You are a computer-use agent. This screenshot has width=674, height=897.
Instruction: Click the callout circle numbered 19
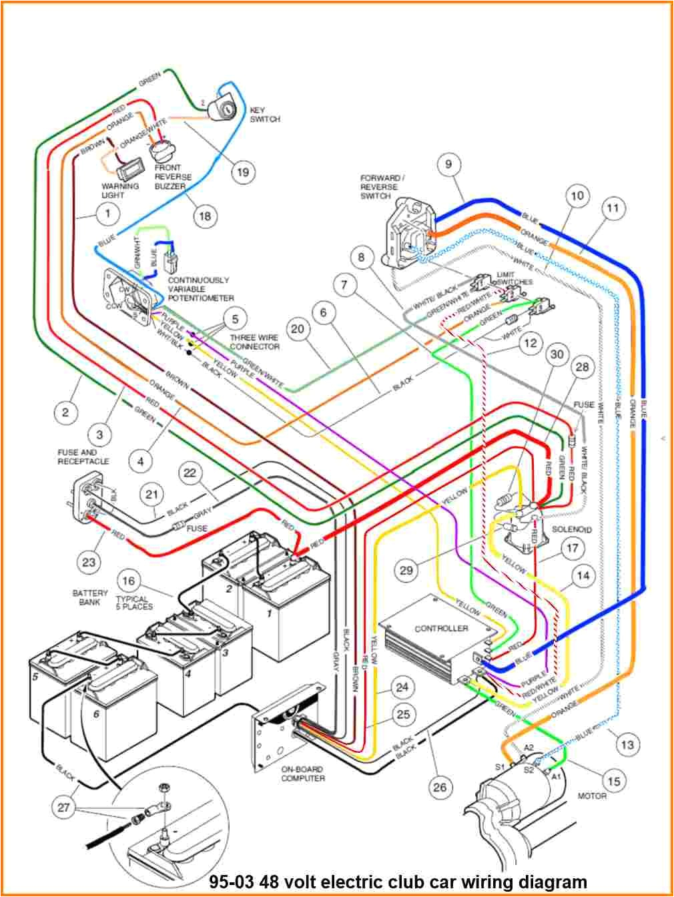pyautogui.click(x=242, y=172)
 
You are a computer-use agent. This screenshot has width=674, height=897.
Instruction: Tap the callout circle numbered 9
pyautogui.click(x=449, y=164)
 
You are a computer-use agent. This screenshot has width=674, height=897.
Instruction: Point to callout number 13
pyautogui.click(x=627, y=744)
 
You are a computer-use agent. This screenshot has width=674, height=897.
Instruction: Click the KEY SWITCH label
pyautogui.click(x=265, y=114)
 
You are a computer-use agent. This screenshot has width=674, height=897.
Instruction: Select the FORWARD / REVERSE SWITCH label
pyautogui.click(x=381, y=187)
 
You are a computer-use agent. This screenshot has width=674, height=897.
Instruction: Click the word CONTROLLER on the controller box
pyautogui.click(x=441, y=629)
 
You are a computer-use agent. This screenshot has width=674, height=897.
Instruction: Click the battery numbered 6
pyautogui.click(x=113, y=701)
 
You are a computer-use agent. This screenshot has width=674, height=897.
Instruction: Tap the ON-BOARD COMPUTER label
pyautogui.click(x=302, y=774)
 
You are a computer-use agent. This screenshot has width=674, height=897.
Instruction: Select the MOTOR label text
pyautogui.click(x=592, y=796)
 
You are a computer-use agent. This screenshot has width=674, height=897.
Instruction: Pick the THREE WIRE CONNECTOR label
pyautogui.click(x=254, y=342)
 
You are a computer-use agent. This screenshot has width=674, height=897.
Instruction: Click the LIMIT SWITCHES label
pyautogui.click(x=514, y=278)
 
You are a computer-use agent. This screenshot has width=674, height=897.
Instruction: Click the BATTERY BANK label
pyautogui.click(x=90, y=597)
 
